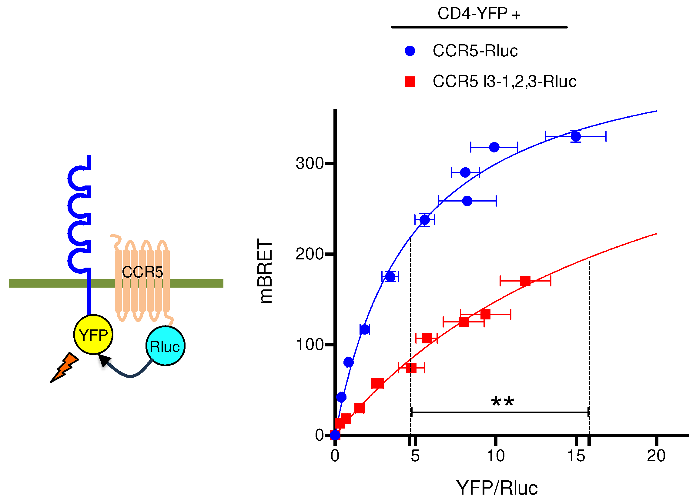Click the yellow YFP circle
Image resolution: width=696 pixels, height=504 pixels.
click(93, 334)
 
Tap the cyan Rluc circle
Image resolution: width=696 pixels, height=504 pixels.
click(165, 346)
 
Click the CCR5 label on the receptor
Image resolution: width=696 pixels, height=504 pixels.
click(142, 272)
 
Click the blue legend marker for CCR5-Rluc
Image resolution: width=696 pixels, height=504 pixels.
click(410, 51)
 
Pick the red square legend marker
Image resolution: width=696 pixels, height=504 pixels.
click(410, 82)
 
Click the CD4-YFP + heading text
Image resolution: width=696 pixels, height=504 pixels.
click(479, 14)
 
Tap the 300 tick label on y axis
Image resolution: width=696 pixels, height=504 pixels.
click(310, 163)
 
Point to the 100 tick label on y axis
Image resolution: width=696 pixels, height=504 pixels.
click(310, 345)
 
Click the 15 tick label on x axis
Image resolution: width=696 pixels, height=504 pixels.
click(576, 456)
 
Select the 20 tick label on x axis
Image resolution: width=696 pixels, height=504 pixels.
click(656, 456)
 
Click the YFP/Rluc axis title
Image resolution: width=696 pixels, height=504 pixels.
click(497, 488)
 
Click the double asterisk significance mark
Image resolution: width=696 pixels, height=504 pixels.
click(502, 402)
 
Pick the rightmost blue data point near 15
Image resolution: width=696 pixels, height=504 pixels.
click(576, 136)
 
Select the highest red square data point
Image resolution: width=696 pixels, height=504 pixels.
click(525, 281)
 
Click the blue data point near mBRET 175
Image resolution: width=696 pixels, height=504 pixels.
click(390, 276)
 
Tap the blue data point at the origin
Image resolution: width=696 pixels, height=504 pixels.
click(335, 435)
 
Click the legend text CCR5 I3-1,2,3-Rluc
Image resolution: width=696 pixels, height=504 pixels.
click(504, 82)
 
